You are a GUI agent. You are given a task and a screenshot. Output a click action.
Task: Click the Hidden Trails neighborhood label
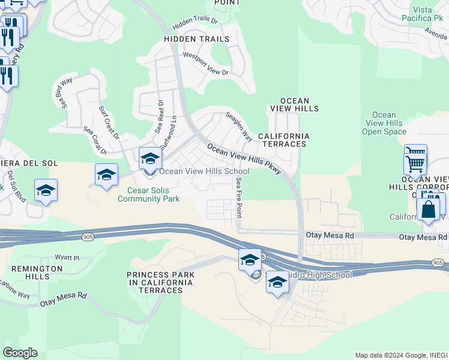196,39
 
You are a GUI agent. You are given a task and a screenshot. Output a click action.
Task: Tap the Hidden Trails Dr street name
195,23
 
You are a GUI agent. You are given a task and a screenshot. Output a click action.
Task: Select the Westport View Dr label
206,64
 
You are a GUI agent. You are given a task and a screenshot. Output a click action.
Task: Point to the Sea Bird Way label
63,93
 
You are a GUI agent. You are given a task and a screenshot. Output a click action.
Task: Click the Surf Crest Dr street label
109,121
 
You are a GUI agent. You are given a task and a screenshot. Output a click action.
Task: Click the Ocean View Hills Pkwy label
244,158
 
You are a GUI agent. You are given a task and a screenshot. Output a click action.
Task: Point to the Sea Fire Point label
240,197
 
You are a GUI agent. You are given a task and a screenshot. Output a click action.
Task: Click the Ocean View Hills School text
204,172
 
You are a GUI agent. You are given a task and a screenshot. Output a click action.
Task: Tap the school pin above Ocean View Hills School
150,158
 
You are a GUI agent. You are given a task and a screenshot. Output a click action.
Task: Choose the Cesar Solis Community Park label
148,195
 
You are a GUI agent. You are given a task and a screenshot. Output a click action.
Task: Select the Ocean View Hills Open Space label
384,123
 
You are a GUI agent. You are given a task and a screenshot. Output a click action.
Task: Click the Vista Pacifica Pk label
427,14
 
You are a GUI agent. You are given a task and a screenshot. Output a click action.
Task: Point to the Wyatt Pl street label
67,257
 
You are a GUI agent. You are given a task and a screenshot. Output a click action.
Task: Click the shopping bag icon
428,210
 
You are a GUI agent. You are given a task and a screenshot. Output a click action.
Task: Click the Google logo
20,353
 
